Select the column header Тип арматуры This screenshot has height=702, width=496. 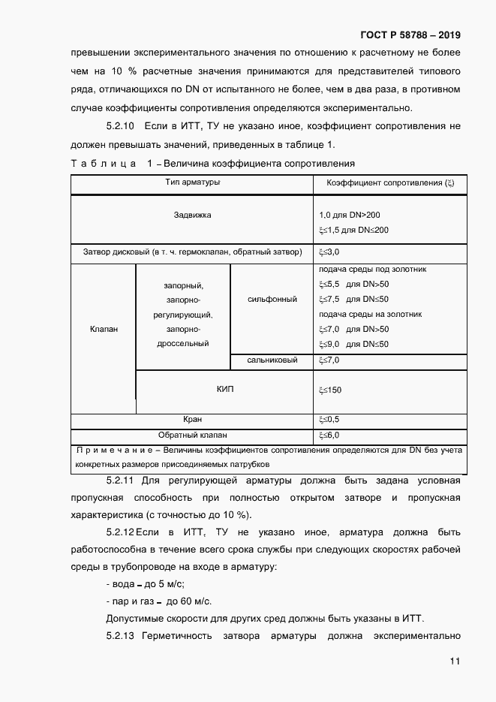192,182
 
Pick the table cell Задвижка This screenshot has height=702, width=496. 192,215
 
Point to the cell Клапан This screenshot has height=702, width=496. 104,329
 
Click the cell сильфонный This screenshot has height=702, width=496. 272,299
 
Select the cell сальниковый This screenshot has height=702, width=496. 272,360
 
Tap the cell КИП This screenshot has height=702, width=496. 224,389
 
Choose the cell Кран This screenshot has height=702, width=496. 192,419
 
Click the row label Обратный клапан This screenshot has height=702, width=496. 192,435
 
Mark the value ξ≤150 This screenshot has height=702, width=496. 330,390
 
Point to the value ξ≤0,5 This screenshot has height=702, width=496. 329,419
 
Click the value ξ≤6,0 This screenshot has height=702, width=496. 329,435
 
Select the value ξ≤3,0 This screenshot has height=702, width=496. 329,252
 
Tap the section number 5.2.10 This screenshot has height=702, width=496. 120,126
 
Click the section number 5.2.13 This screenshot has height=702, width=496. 120,637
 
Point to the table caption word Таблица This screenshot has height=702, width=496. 104,163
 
